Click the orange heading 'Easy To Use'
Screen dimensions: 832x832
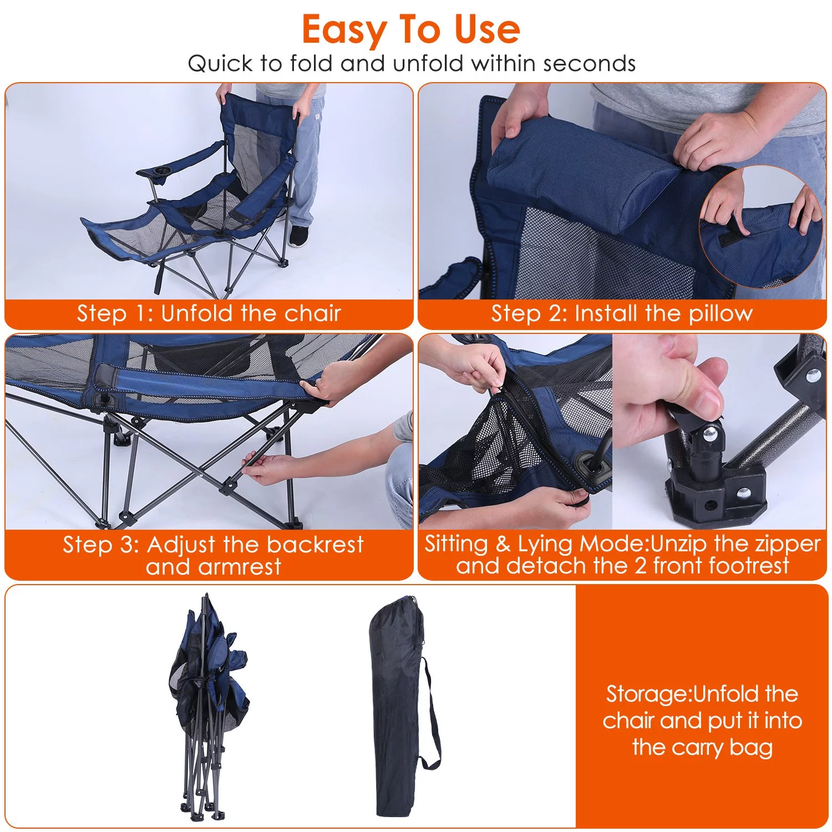[411, 30]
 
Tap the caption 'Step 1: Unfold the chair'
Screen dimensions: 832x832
[209, 313]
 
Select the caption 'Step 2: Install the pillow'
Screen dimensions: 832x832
[621, 313]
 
